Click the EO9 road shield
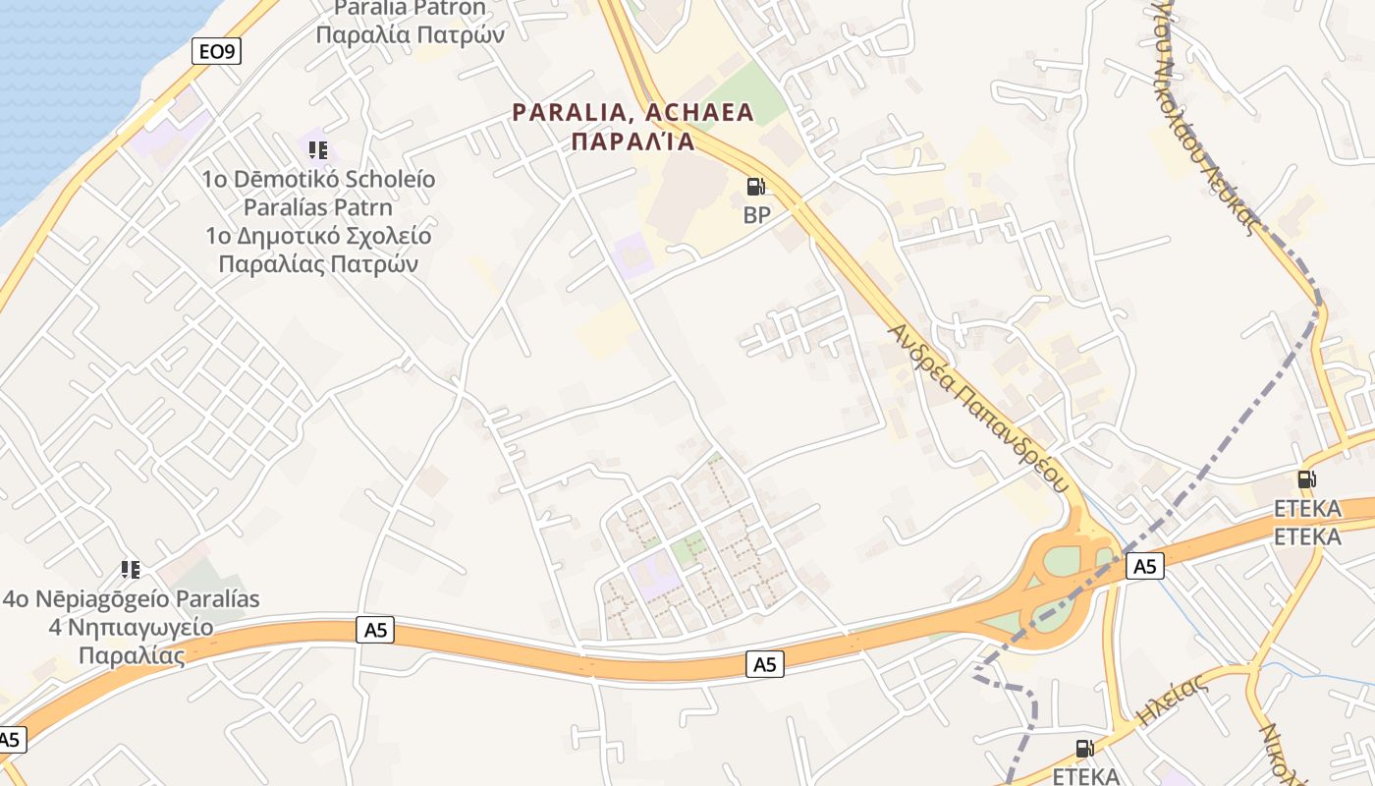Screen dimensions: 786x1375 (217, 51)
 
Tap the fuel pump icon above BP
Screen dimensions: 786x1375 (755, 186)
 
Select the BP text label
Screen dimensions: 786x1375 (756, 215)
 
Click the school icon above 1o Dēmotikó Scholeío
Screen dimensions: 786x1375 (317, 150)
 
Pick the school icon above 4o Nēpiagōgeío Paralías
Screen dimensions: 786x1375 (130, 569)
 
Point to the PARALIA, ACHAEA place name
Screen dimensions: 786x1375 (633, 112)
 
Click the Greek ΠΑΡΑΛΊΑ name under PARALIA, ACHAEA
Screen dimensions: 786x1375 (633, 141)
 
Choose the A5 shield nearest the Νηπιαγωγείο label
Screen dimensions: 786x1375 (375, 630)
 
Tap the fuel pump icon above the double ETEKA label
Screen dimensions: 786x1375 (1306, 479)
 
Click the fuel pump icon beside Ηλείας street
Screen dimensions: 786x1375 (1084, 748)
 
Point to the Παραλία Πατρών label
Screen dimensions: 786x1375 (411, 35)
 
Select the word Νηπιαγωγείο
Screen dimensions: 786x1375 (146, 627)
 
